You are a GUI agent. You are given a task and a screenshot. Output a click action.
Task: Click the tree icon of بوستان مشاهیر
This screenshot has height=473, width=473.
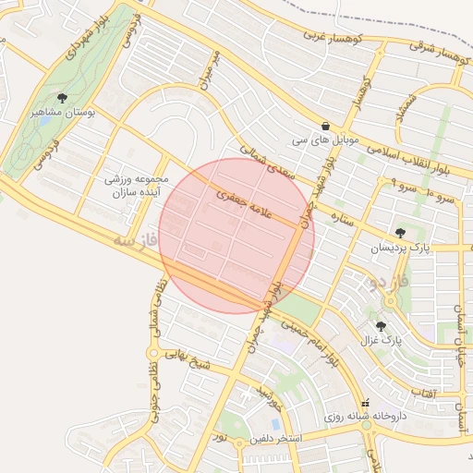pyautogui.click(x=63, y=97)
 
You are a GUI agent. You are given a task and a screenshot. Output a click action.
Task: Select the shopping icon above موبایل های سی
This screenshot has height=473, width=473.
pyautogui.click(x=325, y=126)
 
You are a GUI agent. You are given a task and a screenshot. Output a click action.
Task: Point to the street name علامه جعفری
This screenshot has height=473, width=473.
pyautogui.click(x=236, y=207)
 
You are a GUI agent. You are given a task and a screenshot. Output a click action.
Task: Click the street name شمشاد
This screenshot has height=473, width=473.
pyautogui.click(x=405, y=105)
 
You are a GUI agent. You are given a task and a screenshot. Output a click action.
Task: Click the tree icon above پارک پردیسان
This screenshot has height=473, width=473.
pyautogui.click(x=399, y=233)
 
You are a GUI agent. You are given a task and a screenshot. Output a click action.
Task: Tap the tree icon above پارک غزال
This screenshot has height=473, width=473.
pyautogui.click(x=381, y=325)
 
